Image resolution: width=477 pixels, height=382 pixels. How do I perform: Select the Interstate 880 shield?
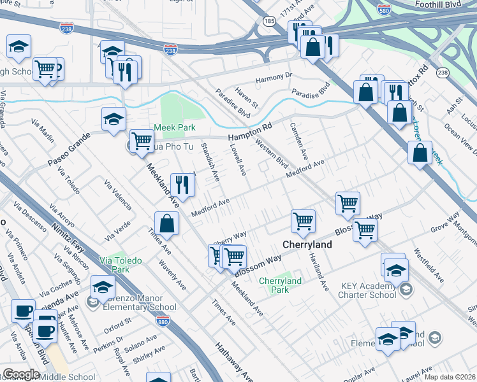(164, 322)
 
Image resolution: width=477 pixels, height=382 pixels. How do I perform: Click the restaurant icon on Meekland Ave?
(183, 185)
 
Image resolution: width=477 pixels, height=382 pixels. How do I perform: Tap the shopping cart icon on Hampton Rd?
(142, 141)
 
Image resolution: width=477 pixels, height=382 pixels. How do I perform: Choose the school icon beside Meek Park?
(114, 118)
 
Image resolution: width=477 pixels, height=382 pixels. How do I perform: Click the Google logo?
(21, 374)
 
